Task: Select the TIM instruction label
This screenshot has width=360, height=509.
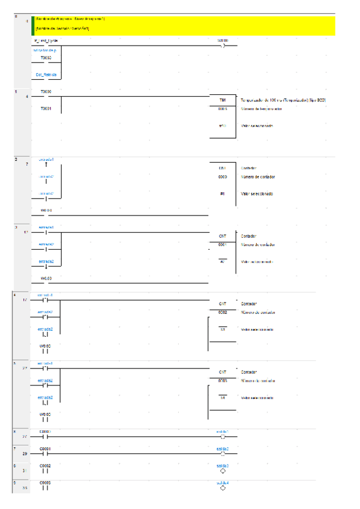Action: tap(222, 100)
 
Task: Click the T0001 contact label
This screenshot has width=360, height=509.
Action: tap(46, 109)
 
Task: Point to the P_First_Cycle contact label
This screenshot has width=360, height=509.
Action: tap(46, 40)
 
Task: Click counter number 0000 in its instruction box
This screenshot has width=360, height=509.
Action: tap(222, 177)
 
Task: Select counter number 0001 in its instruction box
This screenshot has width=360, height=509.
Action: tap(222, 245)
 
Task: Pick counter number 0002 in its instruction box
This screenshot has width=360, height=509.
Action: tap(222, 313)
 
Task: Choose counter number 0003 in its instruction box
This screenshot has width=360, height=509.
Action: tap(222, 381)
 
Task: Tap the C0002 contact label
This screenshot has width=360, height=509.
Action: tap(46, 465)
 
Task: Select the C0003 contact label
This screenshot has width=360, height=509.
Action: tap(46, 482)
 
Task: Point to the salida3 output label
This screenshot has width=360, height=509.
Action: tap(223, 465)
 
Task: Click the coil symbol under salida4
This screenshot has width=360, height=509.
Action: tap(223, 488)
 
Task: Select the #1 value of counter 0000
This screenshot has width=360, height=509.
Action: tap(222, 194)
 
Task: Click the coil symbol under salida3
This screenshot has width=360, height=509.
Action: tap(223, 471)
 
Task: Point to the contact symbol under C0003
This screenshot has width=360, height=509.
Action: tap(46, 488)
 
